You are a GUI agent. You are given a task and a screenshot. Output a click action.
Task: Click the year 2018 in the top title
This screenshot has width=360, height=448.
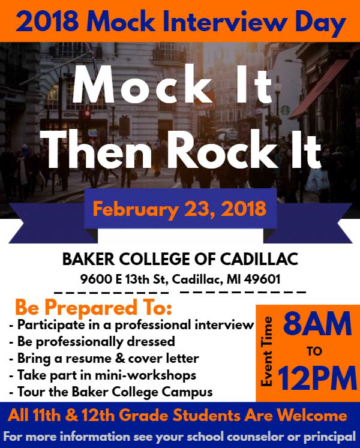(44, 23)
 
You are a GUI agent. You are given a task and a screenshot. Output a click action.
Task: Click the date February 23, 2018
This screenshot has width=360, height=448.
(180, 209)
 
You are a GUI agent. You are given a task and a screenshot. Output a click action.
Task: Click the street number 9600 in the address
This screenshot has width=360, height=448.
(94, 279)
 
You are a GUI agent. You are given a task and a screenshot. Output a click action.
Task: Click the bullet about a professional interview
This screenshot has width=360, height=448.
(133, 326)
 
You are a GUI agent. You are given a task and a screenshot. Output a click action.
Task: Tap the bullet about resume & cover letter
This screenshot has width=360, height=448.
(104, 359)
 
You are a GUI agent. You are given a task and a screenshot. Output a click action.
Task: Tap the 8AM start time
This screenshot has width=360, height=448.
(317, 324)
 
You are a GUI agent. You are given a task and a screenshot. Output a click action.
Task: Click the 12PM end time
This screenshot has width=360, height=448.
(317, 379)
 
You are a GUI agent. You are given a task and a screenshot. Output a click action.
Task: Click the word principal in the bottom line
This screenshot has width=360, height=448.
(328, 436)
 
